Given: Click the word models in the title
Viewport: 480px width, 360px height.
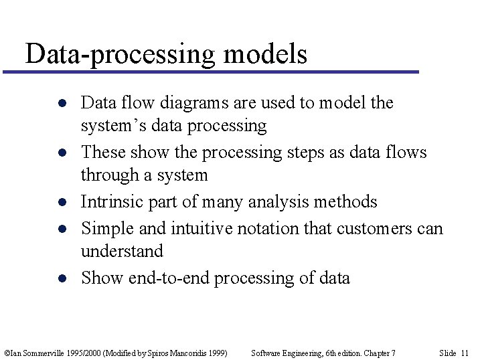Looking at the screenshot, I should pos(265,54).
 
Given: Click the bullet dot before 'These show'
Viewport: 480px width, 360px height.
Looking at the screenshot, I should pos(61,153).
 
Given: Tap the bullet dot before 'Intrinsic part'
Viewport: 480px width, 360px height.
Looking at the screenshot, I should pos(61,203).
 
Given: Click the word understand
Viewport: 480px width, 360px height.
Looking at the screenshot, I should pos(122,252).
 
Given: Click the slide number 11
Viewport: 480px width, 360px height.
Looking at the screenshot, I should pos(465,353).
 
